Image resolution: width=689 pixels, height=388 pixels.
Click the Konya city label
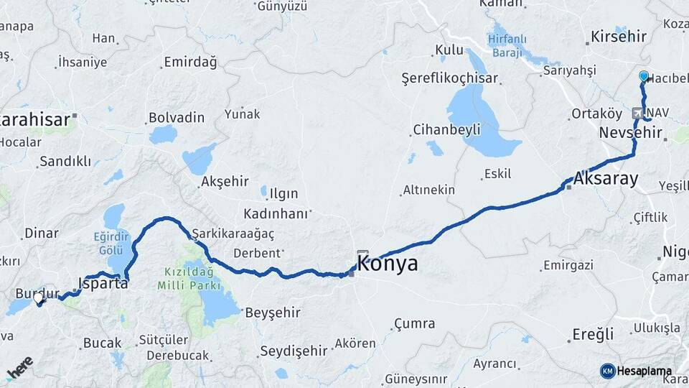point(387,264)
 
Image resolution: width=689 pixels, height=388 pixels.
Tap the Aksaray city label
point(606,179)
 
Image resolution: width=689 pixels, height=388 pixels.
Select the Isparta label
point(103,283)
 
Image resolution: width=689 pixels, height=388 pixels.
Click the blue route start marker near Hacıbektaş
point(644,76)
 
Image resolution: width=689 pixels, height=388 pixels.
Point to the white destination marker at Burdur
point(39,297)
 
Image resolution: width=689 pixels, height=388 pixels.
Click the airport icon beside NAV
point(637,114)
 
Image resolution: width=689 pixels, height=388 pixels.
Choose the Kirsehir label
point(618,37)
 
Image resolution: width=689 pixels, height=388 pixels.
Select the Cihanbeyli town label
point(446,130)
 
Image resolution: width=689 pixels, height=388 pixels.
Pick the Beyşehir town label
point(273,313)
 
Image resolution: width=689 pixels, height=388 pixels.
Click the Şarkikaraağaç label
point(233,234)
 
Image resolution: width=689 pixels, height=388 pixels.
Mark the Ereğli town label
point(593,334)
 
